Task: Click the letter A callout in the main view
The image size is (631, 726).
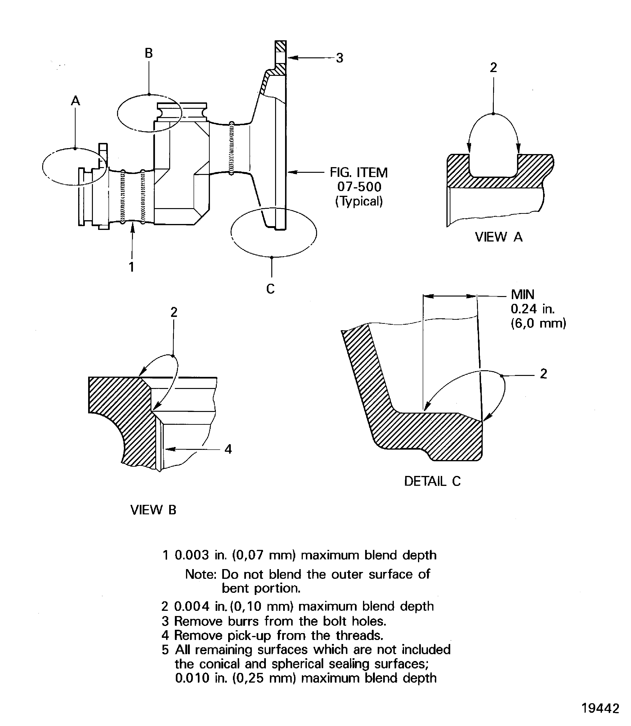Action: [75, 101]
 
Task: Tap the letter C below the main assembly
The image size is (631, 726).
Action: [270, 289]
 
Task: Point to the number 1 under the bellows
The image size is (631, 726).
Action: [131, 267]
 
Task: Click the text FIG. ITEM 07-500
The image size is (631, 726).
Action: [359, 180]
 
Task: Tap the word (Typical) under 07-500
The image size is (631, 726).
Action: [359, 201]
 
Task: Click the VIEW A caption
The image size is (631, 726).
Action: [499, 237]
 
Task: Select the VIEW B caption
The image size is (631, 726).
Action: [153, 510]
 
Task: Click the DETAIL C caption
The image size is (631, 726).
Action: [432, 481]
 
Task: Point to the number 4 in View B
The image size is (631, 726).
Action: [228, 449]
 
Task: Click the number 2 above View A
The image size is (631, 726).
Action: [493, 68]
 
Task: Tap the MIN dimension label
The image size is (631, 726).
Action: [522, 294]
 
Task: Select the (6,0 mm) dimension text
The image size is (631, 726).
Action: [538, 323]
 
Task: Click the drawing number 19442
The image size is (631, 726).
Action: [600, 708]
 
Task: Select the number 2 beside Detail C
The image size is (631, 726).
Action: [543, 374]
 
